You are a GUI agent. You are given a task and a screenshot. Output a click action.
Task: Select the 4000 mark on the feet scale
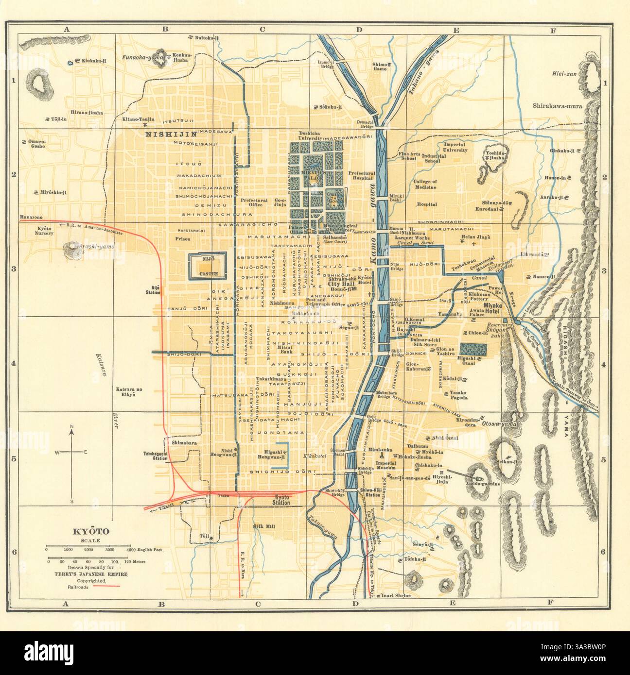click(x=131, y=549)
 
